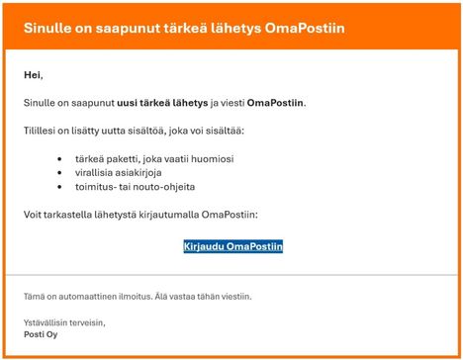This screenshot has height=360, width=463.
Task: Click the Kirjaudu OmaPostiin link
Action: pyautogui.click(x=233, y=245)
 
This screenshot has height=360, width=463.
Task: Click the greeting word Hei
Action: pyautogui.click(x=33, y=74)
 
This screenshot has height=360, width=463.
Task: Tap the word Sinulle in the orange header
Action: pyautogui.click(x=50, y=28)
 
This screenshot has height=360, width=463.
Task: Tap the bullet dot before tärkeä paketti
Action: pyautogui.click(x=61, y=157)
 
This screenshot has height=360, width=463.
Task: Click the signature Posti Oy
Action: pyautogui.click(x=42, y=334)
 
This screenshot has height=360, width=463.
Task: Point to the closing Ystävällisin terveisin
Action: pyautogui.click(x=64, y=321)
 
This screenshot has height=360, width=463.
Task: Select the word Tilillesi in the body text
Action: pyautogui.click(x=40, y=130)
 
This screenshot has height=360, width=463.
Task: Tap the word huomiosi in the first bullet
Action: pyautogui.click(x=216, y=157)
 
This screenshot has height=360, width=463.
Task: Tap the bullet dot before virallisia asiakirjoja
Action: pyautogui.click(x=61, y=171)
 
